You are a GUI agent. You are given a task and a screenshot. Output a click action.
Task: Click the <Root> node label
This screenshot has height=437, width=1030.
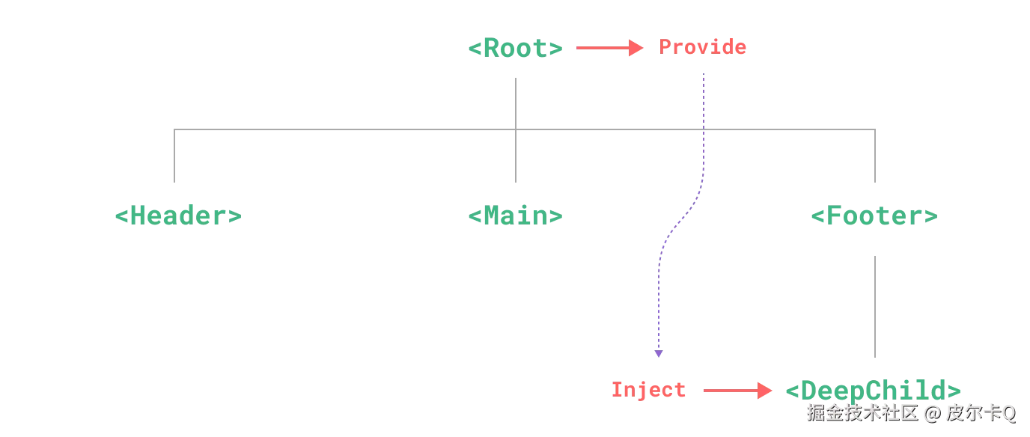[x=515, y=49]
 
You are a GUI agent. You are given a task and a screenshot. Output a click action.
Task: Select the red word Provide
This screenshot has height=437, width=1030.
[x=703, y=48]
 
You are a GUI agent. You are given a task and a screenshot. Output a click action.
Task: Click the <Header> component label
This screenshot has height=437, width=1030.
[x=179, y=216]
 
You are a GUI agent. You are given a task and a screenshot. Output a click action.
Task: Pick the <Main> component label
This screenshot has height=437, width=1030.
[x=515, y=216]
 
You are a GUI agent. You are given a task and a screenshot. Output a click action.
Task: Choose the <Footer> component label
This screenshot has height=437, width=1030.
[x=874, y=217]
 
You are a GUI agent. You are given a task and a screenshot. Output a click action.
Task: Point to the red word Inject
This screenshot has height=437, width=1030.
[x=649, y=390]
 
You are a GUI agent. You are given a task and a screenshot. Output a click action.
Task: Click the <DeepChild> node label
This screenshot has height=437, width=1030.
[x=874, y=391]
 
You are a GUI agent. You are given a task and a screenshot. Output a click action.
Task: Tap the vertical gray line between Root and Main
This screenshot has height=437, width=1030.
[x=517, y=101]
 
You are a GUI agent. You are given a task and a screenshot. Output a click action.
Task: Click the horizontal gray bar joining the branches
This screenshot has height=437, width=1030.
[x=344, y=129]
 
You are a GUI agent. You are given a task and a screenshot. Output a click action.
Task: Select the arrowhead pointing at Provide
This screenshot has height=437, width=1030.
[x=638, y=49]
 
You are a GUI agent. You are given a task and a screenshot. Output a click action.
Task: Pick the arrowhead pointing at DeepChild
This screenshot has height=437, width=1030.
[x=764, y=391]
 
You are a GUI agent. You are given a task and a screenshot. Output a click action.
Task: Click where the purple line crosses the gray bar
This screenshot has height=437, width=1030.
[x=704, y=129]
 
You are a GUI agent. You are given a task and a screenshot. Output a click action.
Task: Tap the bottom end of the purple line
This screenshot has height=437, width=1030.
[x=659, y=354]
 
